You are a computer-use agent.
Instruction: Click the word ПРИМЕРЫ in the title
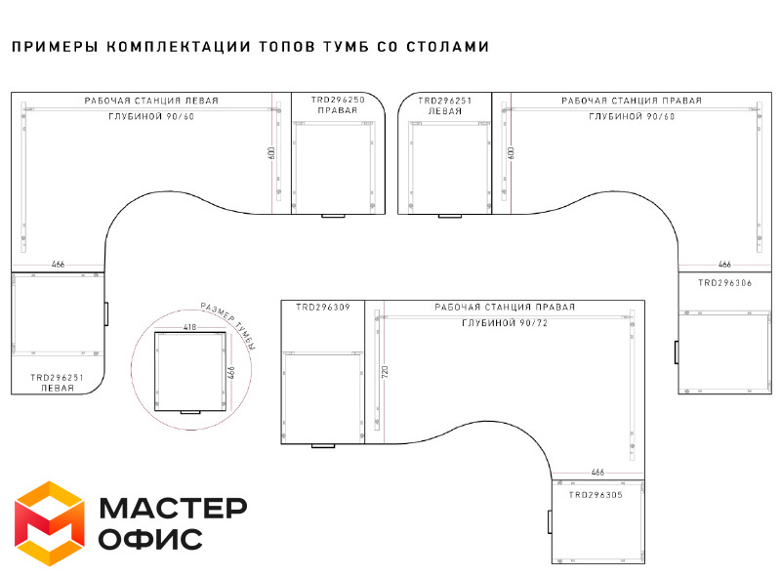55,47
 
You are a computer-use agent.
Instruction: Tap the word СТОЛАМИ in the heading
448,47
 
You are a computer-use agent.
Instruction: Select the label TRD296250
338,100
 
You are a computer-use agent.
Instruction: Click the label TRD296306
724,283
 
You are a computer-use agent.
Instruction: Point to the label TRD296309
323,308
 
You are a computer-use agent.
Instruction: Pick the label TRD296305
596,495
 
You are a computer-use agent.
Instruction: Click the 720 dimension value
385,372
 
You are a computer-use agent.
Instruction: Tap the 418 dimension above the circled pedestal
189,327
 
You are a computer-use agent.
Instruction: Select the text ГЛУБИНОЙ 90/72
505,323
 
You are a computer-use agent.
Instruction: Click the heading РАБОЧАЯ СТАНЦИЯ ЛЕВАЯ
151,101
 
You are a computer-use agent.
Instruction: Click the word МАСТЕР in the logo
173,508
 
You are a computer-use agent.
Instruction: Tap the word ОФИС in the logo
150,539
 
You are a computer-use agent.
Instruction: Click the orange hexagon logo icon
50,523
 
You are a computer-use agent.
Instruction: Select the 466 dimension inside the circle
231,373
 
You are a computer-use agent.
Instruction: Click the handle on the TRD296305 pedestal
550,521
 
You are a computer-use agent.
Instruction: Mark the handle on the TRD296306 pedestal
676,352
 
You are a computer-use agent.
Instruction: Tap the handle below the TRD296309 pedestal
323,446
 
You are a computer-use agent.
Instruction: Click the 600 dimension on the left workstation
271,153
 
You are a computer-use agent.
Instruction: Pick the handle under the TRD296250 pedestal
333,216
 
